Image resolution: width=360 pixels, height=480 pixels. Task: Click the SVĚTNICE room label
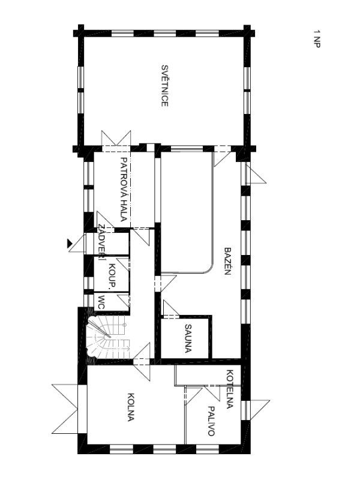pos(164,86)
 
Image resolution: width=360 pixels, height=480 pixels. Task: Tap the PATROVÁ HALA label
pos(124,189)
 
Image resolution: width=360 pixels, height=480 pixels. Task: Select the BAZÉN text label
pos(227,261)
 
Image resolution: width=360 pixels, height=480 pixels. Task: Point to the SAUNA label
pos(188,339)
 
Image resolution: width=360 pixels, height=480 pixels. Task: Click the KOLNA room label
pos(131,407)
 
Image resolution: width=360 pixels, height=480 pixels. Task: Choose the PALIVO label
pos(211,421)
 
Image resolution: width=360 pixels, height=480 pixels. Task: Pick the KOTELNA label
pos(230,389)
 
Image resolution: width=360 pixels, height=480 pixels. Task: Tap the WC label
pos(102,302)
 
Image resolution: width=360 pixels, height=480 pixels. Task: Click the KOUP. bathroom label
pos(112,275)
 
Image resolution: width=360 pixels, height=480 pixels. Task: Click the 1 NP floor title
pos(317,38)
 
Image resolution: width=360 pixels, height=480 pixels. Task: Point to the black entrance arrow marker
pos(70,244)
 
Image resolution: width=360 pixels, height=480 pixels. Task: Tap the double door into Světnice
pos(116,141)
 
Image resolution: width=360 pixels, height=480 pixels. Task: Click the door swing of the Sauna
pos(172,309)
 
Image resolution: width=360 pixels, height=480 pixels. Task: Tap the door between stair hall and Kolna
pos(142,362)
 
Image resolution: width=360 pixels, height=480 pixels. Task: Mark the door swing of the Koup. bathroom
pos(124,264)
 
